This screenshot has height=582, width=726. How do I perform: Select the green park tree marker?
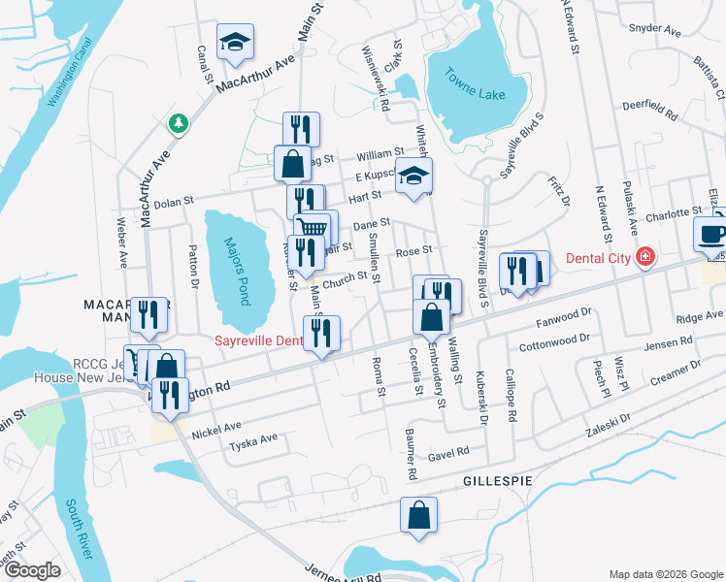pyautogui.click(x=177, y=122)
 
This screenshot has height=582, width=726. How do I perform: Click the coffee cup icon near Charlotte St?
pyautogui.click(x=710, y=234)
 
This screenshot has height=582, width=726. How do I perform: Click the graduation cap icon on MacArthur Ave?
pyautogui.click(x=233, y=41)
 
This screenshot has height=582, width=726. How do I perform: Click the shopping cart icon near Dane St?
pyautogui.click(x=311, y=229)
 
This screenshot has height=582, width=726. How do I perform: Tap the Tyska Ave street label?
pyautogui.click(x=252, y=438)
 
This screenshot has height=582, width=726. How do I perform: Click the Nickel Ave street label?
pyautogui.click(x=215, y=427)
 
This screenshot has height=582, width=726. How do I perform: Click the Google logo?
pyautogui.click(x=31, y=570)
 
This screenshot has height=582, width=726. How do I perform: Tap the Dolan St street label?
pyautogui.click(x=174, y=201)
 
